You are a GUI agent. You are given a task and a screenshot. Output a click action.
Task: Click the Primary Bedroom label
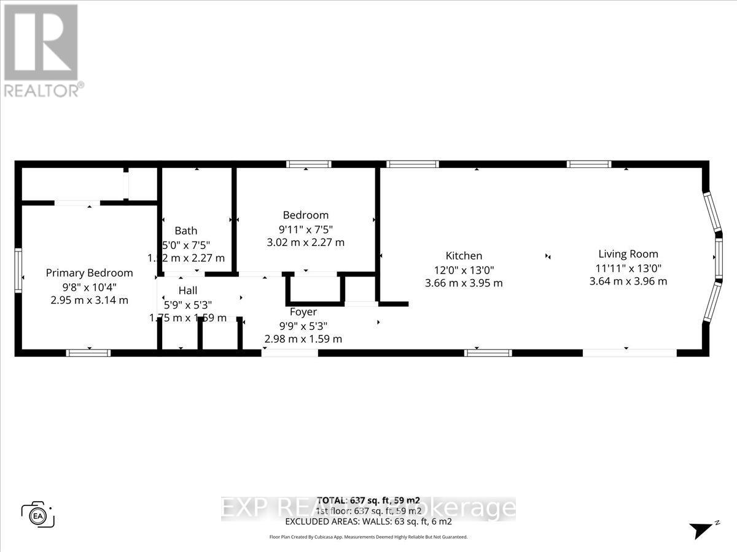(89, 273)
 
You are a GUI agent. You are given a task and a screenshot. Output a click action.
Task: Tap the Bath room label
(186, 231)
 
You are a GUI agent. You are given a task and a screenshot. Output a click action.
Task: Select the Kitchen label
(464, 256)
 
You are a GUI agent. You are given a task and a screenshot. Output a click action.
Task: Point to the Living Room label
(628, 254)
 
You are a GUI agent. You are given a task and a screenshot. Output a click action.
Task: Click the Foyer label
(303, 312)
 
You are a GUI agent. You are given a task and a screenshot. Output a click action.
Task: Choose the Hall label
(188, 290)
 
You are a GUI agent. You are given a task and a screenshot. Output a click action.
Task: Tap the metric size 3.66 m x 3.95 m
(464, 283)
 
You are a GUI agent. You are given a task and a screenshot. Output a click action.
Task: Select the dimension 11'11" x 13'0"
(628, 268)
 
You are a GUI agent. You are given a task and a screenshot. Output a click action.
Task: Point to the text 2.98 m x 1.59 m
(303, 339)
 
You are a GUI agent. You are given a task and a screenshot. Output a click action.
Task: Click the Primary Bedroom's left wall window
(19, 271)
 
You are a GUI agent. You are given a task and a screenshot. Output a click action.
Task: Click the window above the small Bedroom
(309, 164)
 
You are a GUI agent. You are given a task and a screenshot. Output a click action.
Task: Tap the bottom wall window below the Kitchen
(488, 353)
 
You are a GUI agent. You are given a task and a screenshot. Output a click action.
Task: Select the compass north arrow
(701, 529)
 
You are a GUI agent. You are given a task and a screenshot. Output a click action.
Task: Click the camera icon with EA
(38, 514)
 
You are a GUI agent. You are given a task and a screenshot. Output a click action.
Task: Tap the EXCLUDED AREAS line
(368, 521)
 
